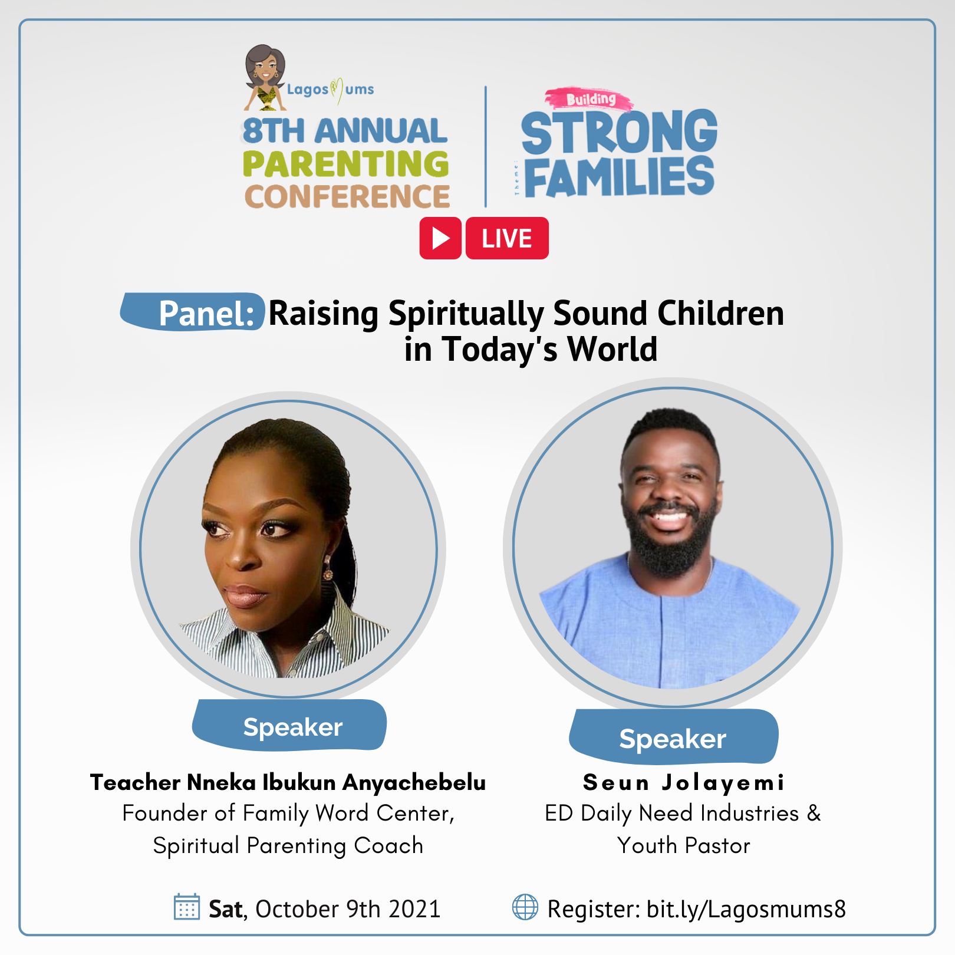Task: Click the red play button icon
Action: click(x=440, y=238)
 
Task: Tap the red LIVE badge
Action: click(x=507, y=238)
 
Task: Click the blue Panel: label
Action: click(x=193, y=312)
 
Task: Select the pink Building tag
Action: click(x=590, y=99)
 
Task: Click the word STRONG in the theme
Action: click(x=619, y=132)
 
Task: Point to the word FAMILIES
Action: click(x=619, y=176)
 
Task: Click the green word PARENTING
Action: click(x=345, y=163)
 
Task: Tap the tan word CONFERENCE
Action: click(x=347, y=196)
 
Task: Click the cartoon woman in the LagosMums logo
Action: click(x=265, y=77)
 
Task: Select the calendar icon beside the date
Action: click(x=187, y=907)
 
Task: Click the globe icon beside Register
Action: click(x=525, y=907)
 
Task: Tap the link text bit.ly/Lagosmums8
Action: click(x=746, y=909)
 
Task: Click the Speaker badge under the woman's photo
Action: click(x=289, y=725)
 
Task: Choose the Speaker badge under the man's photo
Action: click(x=673, y=737)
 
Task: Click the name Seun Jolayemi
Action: click(x=684, y=782)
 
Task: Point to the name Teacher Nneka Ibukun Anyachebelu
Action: click(x=288, y=782)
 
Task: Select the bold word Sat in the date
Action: click(x=226, y=909)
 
